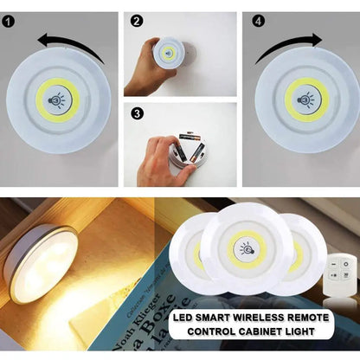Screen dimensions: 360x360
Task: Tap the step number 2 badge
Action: (x=138, y=21)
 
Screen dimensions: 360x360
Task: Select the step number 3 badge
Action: (x=138, y=112)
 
